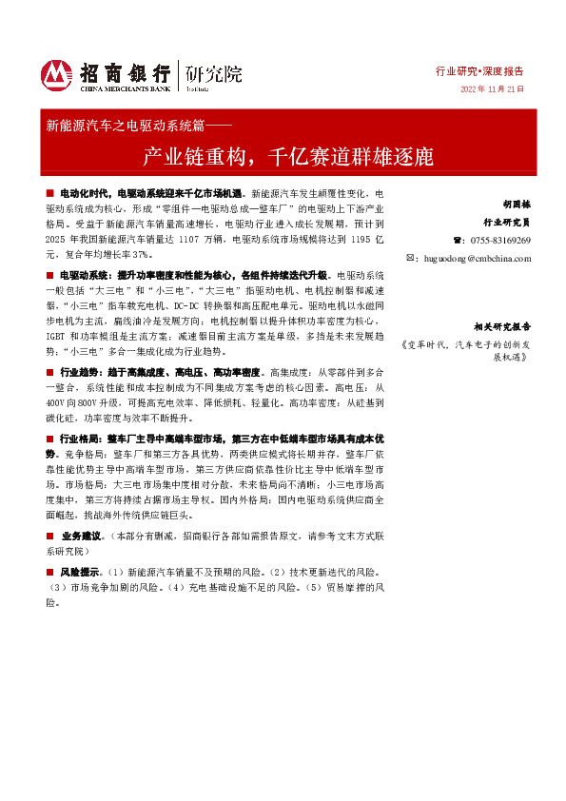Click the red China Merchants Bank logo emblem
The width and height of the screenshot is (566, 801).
click(x=56, y=74)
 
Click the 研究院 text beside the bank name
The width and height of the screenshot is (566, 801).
click(x=214, y=72)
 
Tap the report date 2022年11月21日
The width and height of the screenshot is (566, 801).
click(x=492, y=89)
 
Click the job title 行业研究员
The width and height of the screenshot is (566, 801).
click(x=506, y=222)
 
